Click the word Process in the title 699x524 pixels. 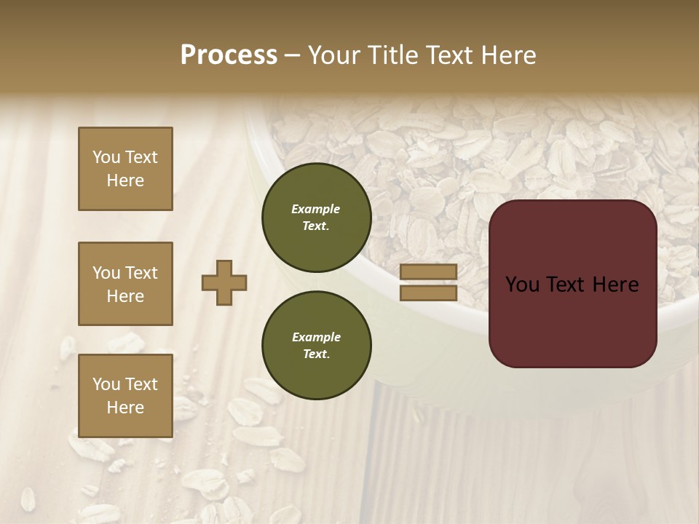[x=229, y=55]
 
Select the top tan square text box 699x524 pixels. [x=125, y=169]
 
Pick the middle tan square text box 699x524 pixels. [x=125, y=284]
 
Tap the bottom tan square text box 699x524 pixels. [x=125, y=395]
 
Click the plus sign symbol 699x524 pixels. [x=224, y=282]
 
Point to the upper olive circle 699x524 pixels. [x=316, y=218]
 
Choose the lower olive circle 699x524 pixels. [x=316, y=345]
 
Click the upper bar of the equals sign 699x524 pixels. [x=428, y=272]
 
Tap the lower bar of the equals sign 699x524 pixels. [x=428, y=293]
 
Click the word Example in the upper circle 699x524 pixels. [x=316, y=209]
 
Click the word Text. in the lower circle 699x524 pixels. [x=316, y=354]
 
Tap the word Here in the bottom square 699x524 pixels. [x=125, y=408]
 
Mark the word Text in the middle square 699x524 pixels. [x=141, y=273]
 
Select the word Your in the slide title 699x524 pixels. [x=333, y=55]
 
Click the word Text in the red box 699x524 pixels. [x=566, y=285]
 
